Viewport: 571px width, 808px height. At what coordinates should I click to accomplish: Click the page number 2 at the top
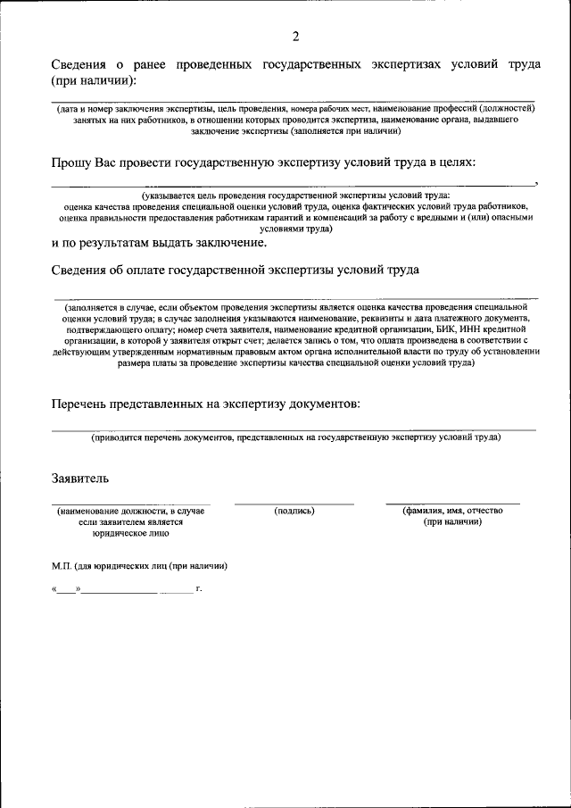pos(294,37)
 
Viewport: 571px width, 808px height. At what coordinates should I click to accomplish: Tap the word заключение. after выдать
pos(226,243)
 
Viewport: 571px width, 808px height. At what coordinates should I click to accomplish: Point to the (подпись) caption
pos(294,511)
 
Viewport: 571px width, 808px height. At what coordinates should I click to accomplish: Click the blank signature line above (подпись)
pos(294,504)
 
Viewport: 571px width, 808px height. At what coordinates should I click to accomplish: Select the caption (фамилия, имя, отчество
pos(452,511)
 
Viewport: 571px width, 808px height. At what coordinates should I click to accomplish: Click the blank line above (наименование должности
pos(131,504)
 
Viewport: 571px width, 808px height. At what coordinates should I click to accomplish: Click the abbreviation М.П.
pos(63,566)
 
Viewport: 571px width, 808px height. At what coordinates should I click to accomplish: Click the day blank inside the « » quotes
pos(67,590)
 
